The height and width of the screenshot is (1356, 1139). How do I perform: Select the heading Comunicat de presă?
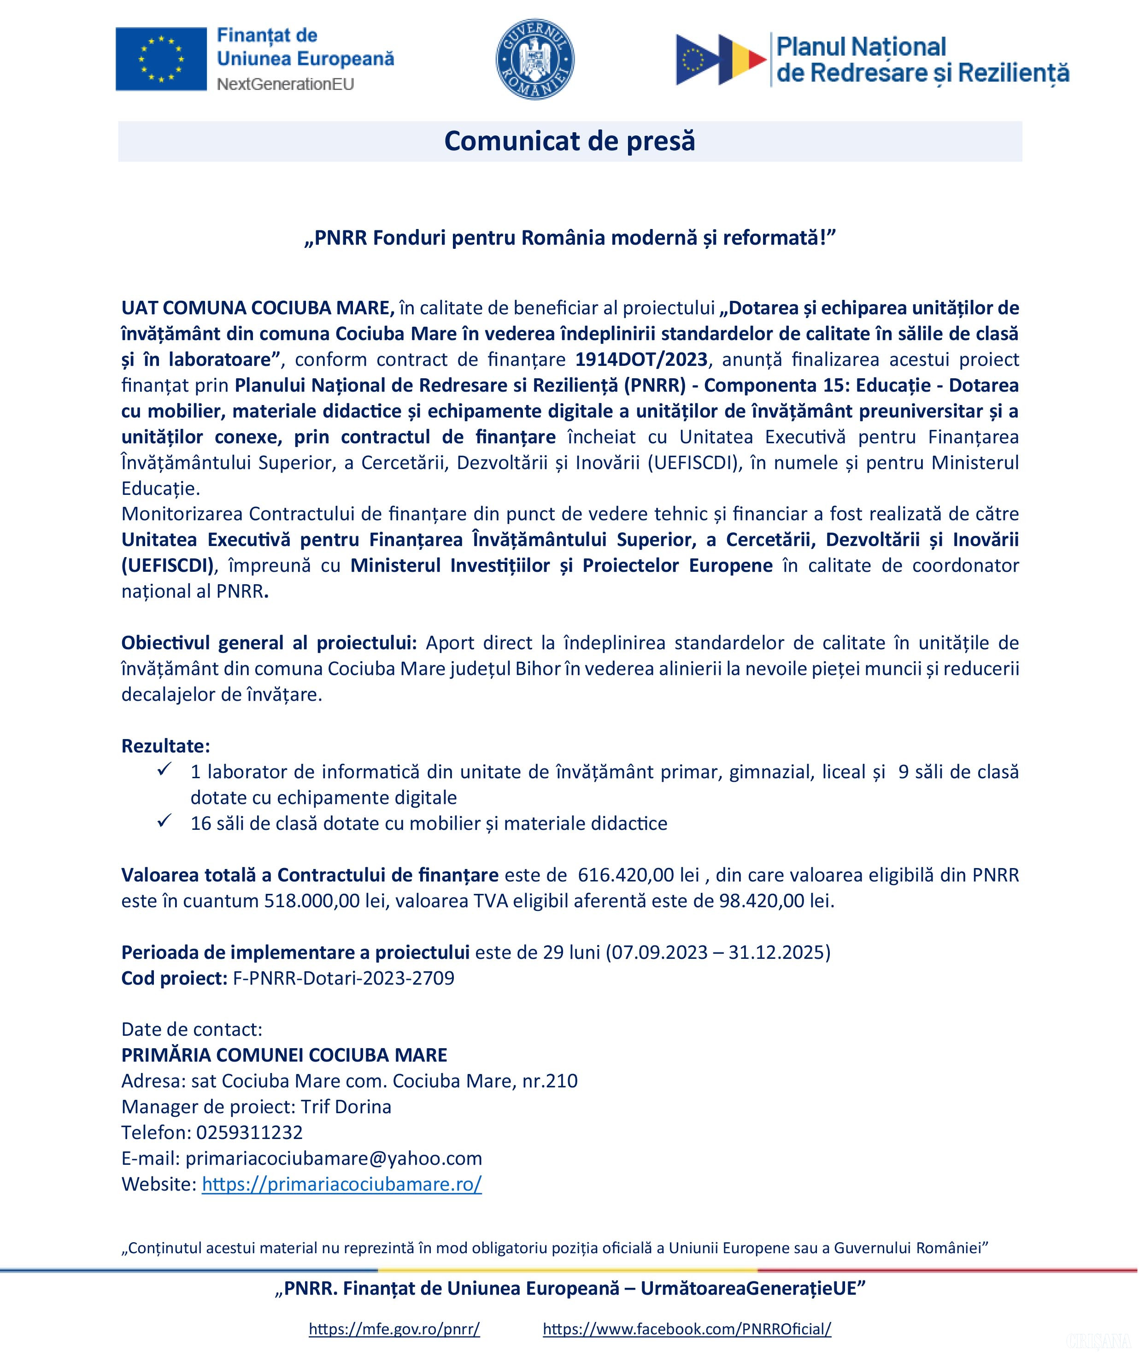point(569,141)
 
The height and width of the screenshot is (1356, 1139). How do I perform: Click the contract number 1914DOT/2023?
point(641,359)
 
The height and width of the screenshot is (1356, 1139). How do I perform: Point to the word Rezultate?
point(166,746)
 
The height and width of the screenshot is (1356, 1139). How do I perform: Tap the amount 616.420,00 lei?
point(639,875)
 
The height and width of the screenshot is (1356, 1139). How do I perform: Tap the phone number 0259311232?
point(249,1133)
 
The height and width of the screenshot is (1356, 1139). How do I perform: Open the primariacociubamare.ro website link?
point(341,1184)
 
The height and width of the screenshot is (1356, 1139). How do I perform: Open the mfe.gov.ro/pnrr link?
point(394,1329)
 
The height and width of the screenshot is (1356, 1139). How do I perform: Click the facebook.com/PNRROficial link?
point(687,1329)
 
